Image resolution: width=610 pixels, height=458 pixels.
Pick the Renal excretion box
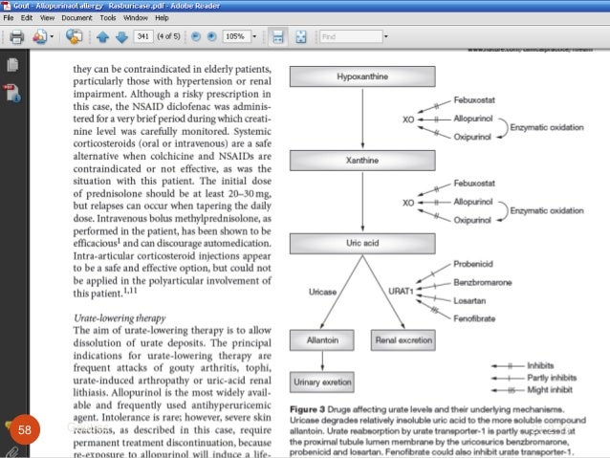tap(403, 339)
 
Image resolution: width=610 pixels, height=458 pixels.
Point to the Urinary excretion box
tap(324, 381)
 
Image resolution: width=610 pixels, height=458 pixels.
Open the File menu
tap(11, 18)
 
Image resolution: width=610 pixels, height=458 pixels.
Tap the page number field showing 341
tap(144, 37)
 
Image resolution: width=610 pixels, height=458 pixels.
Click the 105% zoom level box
tap(235, 37)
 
